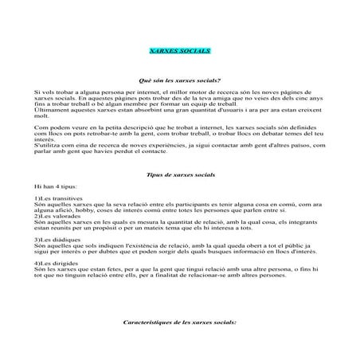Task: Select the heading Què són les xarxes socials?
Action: [179, 80]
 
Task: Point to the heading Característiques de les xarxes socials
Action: [180, 323]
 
